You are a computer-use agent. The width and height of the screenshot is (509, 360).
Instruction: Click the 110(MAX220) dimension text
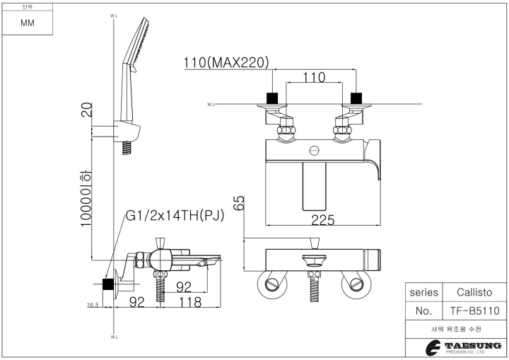226,62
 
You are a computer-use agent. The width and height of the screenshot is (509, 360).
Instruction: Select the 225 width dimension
322,220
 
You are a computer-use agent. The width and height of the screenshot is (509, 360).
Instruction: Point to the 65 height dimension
240,202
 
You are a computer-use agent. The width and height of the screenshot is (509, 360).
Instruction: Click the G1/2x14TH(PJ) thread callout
175,216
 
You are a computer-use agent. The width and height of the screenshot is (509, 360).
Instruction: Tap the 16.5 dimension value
92,305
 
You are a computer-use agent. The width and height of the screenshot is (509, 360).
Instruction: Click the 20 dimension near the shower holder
86,110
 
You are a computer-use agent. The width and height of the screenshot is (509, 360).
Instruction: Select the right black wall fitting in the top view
356,98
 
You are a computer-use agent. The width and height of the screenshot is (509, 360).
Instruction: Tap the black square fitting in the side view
108,284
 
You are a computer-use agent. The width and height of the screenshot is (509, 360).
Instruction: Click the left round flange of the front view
272,284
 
